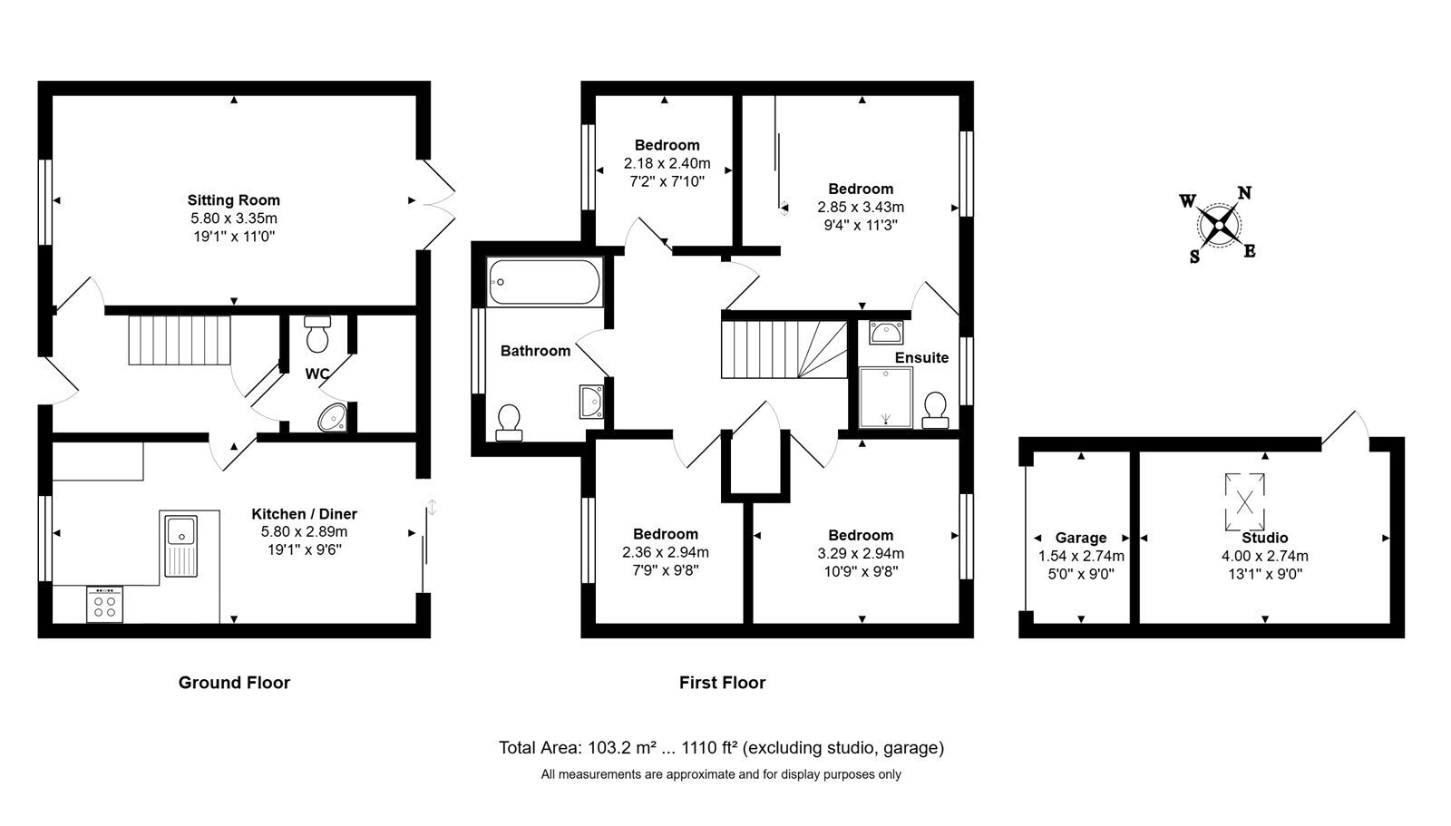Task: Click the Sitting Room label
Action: (x=234, y=200)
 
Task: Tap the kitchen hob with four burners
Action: (x=104, y=605)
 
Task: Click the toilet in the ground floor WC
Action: (x=317, y=334)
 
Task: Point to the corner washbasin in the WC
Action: (x=334, y=418)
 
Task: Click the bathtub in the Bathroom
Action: (x=545, y=282)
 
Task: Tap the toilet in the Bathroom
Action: (x=509, y=423)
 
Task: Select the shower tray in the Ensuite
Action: (x=885, y=398)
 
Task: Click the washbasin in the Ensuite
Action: (x=885, y=332)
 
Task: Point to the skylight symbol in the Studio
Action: (x=1244, y=502)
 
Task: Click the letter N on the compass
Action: (x=1244, y=192)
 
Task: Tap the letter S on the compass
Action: (x=1194, y=258)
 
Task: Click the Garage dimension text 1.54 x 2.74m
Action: (x=1081, y=556)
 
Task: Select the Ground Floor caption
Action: (x=235, y=682)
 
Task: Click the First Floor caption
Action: (x=722, y=682)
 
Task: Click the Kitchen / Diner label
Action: (x=305, y=514)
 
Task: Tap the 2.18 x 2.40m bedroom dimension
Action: (x=667, y=163)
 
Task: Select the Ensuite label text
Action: (x=921, y=357)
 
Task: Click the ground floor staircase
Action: (x=180, y=340)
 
